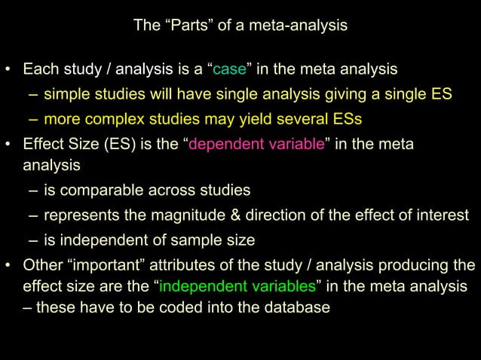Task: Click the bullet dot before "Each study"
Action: (x=8, y=71)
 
